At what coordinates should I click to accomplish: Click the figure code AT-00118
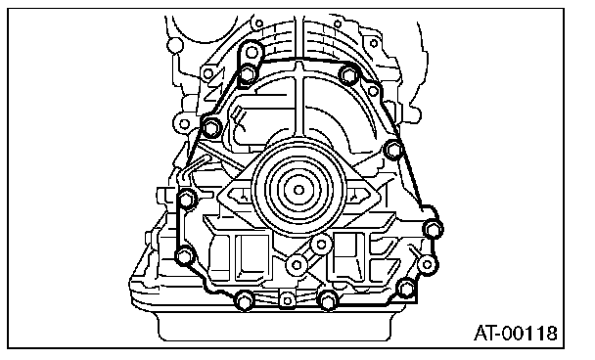point(516,334)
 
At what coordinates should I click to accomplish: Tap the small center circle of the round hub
point(299,190)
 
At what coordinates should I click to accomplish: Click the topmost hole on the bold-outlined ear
point(252,51)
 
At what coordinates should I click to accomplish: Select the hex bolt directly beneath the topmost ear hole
point(248,73)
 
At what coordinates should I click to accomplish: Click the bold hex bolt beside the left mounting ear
point(211,127)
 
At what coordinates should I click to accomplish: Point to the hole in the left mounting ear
point(184,123)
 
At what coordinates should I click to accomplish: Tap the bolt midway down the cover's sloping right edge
point(393,150)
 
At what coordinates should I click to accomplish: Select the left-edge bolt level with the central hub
point(186,200)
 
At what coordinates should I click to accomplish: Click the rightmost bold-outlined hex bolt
point(433,229)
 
